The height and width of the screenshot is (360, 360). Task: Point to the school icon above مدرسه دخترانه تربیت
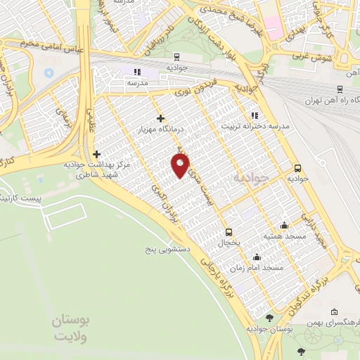pyautogui.click(x=255, y=115)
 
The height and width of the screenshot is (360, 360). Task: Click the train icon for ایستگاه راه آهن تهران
pyautogui.click(x=340, y=89)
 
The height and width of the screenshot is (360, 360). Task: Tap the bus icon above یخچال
pyautogui.click(x=228, y=232)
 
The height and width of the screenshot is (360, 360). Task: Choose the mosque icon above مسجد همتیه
pyautogui.click(x=284, y=225)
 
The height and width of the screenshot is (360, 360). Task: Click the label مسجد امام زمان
pyautogui.click(x=259, y=268)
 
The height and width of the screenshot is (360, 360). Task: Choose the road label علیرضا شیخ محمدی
pyautogui.click(x=222, y=10)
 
